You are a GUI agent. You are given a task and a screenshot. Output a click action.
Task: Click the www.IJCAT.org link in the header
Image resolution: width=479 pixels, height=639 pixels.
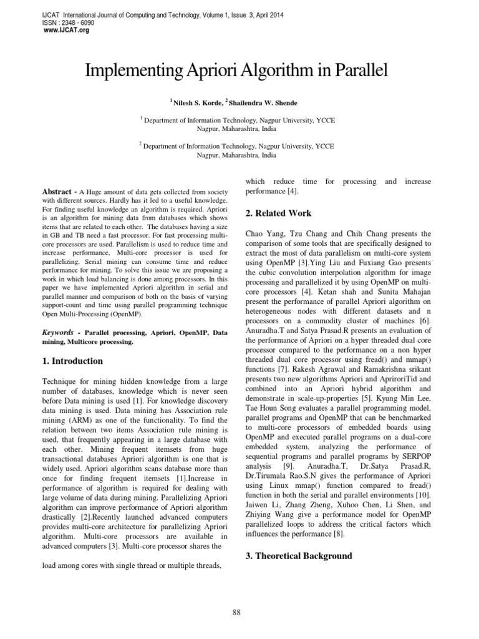pos(63,30)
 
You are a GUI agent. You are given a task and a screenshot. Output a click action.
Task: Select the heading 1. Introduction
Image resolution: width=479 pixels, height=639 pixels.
pos(72,361)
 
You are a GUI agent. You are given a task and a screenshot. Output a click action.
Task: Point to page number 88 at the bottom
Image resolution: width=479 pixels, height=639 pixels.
pos(236,612)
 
